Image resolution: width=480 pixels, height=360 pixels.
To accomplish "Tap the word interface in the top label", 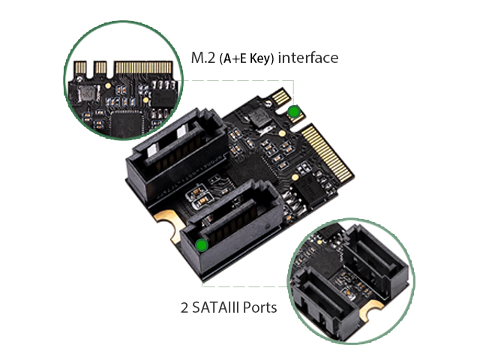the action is pos(308,58).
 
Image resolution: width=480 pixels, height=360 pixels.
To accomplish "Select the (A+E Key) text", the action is pos(247,58).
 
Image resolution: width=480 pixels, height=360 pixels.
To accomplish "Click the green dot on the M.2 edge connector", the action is pos(294,112).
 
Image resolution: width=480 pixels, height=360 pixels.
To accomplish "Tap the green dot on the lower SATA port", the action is pos(202,245).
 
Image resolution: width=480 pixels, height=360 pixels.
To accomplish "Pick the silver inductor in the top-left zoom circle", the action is pos(88,94).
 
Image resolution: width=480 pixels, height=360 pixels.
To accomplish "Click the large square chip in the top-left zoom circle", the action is pos(127,124).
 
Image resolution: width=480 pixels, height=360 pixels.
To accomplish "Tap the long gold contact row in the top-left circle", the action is pos(143,67).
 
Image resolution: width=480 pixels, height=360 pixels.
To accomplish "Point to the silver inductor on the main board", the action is pos(260,118).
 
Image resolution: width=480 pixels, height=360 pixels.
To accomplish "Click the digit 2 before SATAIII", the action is pos(184,307).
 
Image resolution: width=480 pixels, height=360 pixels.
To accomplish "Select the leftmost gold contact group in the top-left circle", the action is pos(81,67).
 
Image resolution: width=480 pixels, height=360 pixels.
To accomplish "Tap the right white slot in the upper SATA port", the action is pos(181,132).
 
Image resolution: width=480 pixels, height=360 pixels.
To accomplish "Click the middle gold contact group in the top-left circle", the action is pos(100,67).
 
